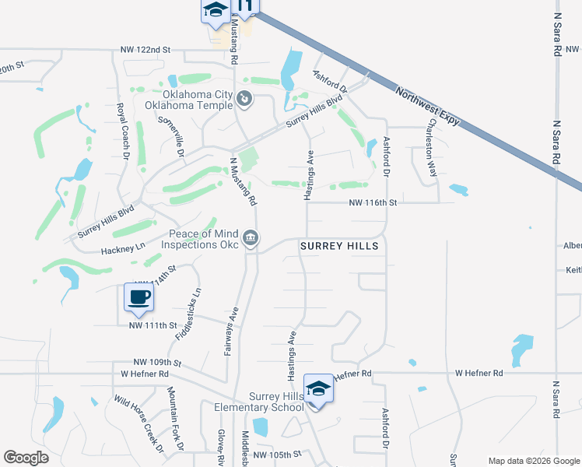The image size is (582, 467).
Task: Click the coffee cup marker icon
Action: pos(138,297)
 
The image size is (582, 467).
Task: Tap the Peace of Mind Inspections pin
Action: pos(251,237)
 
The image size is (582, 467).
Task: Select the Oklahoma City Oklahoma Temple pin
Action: pos(244,99)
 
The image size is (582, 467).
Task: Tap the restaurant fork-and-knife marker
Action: pos(245,8)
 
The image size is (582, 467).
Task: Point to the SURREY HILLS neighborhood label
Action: pos(340,246)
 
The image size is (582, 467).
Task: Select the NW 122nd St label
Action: pos(145,50)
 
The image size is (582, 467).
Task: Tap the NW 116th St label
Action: pos(373,202)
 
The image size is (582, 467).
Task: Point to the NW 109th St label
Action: pos(157,363)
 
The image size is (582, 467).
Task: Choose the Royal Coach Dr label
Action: pos(122,132)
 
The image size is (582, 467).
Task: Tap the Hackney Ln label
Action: pos(124,251)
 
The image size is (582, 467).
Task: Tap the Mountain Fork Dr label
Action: pos(175,420)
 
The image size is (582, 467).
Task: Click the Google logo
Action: pos(26,458)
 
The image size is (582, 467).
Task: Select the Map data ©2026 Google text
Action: pos(533,460)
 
